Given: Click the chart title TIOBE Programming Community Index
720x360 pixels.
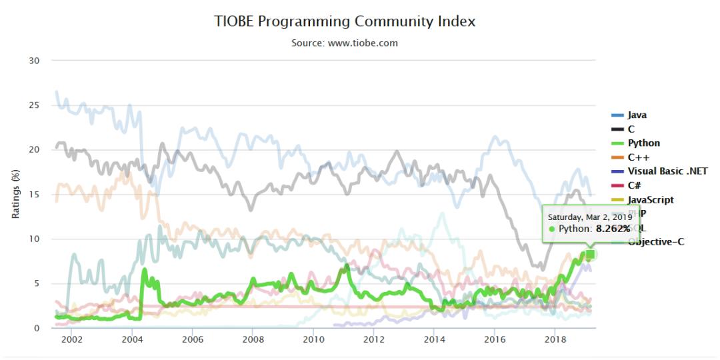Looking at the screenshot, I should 345,21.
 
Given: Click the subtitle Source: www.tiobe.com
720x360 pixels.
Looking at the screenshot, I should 345,43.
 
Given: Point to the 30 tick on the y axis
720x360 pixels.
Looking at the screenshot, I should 34,61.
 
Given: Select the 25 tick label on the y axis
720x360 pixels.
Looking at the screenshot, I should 34,105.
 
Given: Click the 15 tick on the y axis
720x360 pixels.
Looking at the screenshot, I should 34,195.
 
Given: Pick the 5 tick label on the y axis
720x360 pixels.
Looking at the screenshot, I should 37,283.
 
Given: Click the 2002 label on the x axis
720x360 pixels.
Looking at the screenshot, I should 71,339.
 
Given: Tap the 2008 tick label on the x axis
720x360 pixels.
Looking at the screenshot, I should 253,339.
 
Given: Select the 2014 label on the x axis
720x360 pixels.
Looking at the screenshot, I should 434,339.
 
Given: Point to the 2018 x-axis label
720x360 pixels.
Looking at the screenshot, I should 555,339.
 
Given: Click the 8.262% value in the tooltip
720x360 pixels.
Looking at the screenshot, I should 613,229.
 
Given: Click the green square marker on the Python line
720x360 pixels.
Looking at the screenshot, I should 590,254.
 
